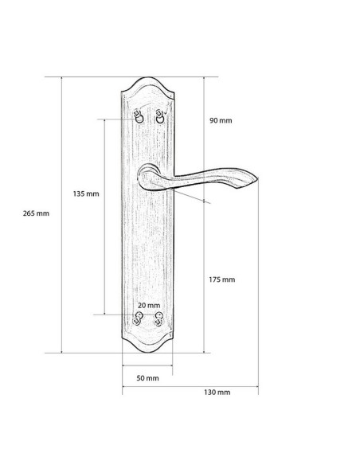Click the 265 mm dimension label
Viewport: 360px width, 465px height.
click(x=36, y=213)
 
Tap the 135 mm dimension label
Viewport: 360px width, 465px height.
click(x=86, y=193)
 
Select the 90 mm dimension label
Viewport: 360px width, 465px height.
click(x=221, y=120)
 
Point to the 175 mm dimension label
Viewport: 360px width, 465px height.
click(x=221, y=279)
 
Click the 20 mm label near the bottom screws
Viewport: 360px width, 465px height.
click(x=149, y=305)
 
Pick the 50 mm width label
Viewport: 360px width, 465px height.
click(x=147, y=378)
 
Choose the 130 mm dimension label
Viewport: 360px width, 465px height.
click(x=217, y=392)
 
